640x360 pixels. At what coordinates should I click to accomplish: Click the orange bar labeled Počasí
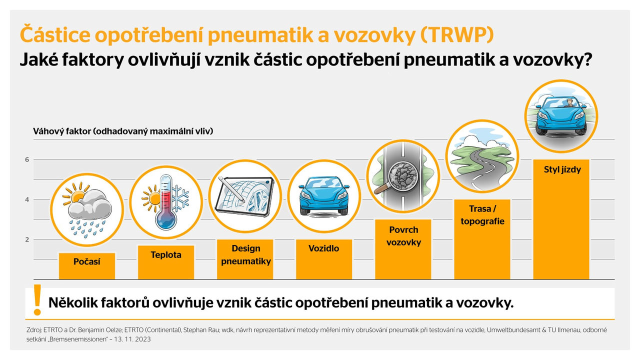pos(87,266)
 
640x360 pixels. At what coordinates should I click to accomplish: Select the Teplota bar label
pos(166,254)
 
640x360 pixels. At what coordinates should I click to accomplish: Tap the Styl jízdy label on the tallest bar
pos(562,169)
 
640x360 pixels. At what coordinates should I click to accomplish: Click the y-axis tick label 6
pos(27,159)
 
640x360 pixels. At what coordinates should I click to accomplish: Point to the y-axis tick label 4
pos(27,199)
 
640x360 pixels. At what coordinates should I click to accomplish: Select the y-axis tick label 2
pos(27,239)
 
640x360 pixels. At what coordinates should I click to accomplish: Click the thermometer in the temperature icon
pos(166,202)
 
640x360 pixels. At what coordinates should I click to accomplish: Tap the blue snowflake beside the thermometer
pos(180,198)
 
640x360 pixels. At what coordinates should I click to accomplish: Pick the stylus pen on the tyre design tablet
pos(231,189)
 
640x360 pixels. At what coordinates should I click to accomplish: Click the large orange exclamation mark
pos(37,299)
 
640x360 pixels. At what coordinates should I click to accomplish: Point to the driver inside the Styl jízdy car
pos(569,103)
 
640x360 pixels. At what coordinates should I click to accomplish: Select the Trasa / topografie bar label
pos(482,215)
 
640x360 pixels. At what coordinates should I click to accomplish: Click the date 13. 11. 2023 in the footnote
pos(132,339)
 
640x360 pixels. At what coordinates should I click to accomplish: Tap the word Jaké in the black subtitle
pos(38,59)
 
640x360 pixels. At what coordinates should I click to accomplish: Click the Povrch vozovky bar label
pos(403,236)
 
